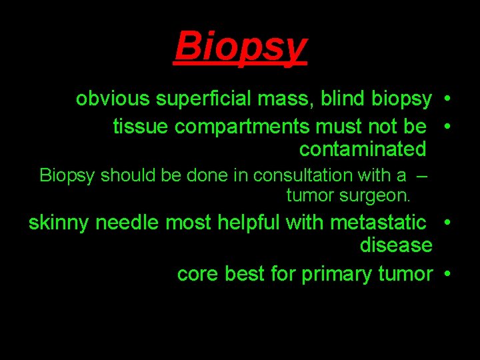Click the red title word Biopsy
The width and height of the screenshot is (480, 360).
click(241, 46)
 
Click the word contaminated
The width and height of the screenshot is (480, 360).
click(362, 149)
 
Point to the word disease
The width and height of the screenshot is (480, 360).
click(396, 245)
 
